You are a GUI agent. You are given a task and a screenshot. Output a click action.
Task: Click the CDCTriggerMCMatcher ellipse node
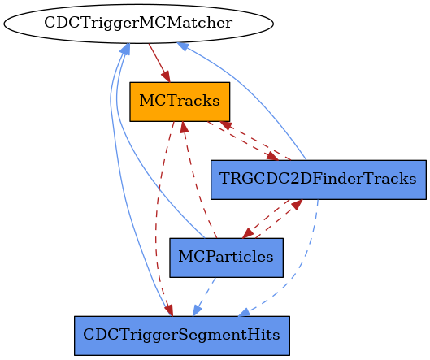tap(138, 24)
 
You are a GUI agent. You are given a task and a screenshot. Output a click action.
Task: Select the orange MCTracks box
tap(180, 102)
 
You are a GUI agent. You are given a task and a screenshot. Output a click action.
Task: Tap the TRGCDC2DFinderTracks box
tap(319, 180)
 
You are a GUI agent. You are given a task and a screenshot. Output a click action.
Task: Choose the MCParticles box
tap(226, 258)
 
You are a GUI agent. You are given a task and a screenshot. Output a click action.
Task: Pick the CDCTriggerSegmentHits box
tap(182, 336)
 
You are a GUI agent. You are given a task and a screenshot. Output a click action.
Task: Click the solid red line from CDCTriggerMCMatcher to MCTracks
tap(159, 63)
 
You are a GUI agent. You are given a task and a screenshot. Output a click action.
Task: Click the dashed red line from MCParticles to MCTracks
tap(195, 181)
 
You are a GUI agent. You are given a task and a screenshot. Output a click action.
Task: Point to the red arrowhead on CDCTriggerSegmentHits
tap(169, 310)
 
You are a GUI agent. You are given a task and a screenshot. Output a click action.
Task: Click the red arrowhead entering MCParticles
tap(248, 232)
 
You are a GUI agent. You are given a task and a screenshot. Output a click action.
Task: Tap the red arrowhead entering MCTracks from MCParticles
tap(184, 128)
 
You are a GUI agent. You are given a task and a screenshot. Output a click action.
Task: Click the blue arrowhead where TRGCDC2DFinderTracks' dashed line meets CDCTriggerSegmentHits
tap(245, 312)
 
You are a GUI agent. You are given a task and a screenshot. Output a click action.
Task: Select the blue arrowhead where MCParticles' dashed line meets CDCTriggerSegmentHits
tap(197, 311)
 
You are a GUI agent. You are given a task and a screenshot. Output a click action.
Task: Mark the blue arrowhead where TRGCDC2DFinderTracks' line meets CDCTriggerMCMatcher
tap(183, 46)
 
